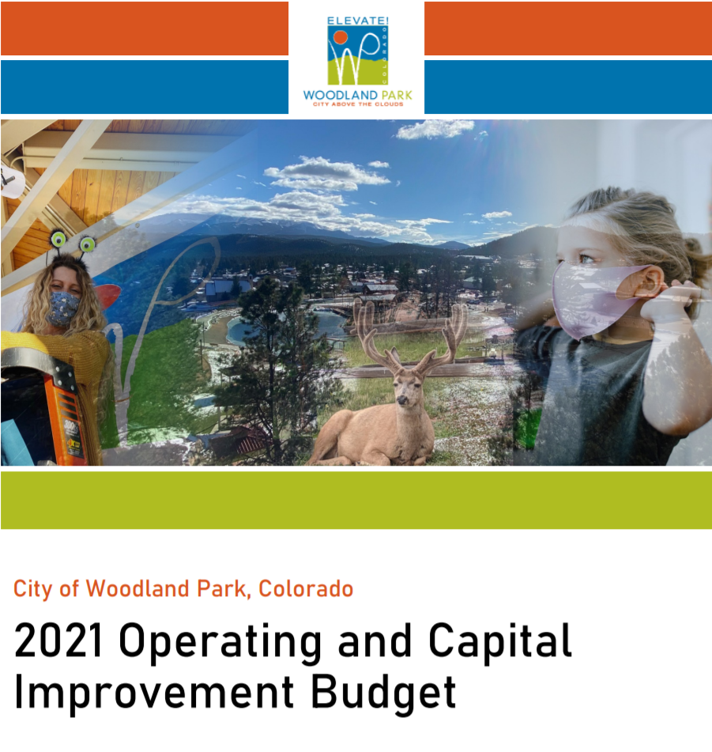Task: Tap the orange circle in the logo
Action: (x=340, y=36)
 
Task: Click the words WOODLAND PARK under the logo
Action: (x=357, y=96)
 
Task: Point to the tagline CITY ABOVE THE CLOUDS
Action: (x=357, y=104)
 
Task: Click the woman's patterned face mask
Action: (x=63, y=308)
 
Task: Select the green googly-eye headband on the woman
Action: (x=71, y=242)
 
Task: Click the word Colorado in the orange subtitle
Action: (x=306, y=589)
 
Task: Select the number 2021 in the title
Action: (x=59, y=642)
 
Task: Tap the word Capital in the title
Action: (x=497, y=642)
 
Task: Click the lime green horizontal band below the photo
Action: (x=356, y=500)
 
